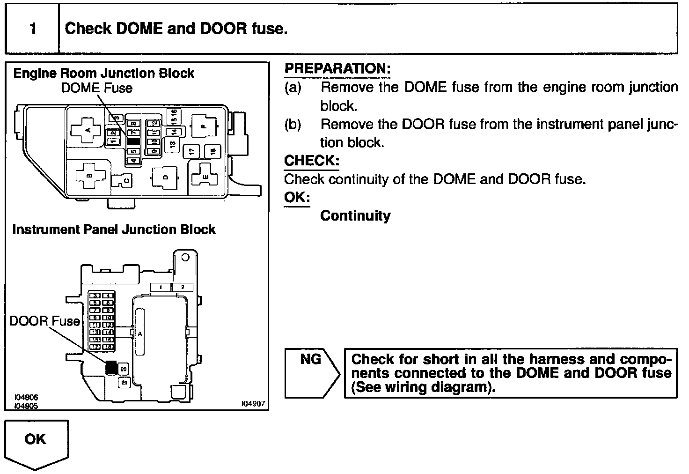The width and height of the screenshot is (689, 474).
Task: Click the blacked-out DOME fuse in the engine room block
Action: point(133,141)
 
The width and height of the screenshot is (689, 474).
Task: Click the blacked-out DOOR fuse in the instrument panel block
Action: point(111,368)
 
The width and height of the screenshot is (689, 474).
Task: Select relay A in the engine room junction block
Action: point(87,126)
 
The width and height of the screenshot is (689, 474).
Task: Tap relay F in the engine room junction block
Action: point(204,126)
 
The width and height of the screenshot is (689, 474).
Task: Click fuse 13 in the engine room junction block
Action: point(172,144)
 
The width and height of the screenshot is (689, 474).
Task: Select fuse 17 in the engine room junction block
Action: point(192,151)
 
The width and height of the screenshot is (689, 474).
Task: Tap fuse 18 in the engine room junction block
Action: point(212,151)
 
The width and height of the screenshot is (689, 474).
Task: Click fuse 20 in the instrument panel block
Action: point(124,370)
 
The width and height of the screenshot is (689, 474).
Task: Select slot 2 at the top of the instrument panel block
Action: point(183,287)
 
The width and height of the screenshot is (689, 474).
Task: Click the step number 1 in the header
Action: point(32,29)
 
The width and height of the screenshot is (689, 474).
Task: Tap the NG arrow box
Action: point(311,373)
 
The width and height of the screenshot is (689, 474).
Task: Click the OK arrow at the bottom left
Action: point(36,443)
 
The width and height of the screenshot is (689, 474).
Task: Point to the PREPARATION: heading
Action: point(337,68)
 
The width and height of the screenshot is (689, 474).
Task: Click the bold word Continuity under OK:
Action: point(355,215)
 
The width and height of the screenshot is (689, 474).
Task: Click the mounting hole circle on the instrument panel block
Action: point(185,258)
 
